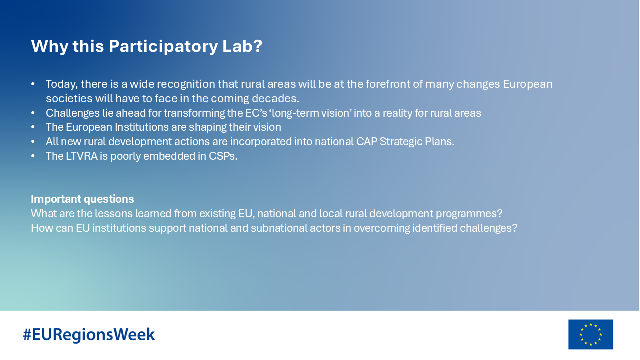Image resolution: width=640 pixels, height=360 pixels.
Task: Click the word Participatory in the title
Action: [x=163, y=46]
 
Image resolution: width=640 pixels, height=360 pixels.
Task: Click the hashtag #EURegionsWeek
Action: [x=89, y=335]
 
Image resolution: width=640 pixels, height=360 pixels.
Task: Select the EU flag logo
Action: [x=591, y=334]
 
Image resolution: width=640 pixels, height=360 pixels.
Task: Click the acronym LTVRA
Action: [x=82, y=156]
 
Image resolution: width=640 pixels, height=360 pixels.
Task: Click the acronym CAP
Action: [x=366, y=141]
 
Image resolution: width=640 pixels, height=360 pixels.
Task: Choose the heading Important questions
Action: [x=82, y=199]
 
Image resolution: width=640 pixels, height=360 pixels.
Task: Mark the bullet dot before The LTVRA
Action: [x=33, y=156]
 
